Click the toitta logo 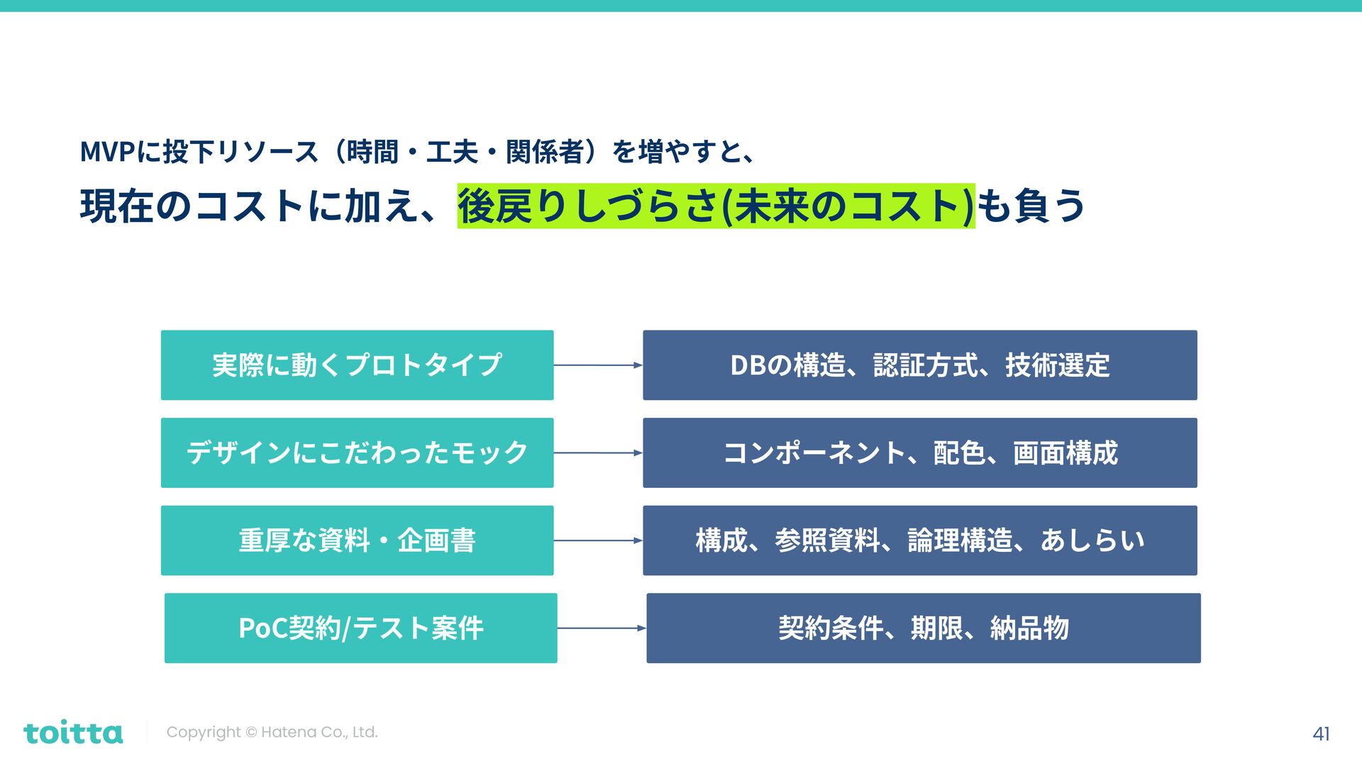point(73,733)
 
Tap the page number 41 point(1321,733)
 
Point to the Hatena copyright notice point(272,732)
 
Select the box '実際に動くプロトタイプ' point(357,365)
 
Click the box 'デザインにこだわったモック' point(357,453)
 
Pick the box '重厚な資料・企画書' point(357,540)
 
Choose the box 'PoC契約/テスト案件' point(360,628)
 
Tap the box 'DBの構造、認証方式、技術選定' point(919,365)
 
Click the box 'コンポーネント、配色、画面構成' point(919,453)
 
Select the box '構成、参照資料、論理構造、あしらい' point(919,540)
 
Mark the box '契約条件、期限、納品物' point(923,628)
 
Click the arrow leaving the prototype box point(598,365)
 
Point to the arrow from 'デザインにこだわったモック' point(598,453)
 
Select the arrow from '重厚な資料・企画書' point(598,540)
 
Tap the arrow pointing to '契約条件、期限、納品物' point(602,628)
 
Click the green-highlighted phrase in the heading point(716,206)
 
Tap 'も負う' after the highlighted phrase point(1031,206)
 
